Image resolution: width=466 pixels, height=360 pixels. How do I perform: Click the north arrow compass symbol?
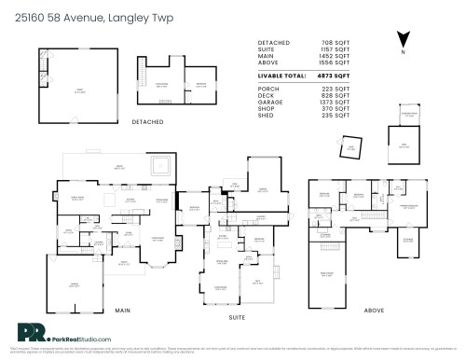pos(402,39)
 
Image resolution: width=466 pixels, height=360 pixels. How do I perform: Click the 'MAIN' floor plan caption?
pos(121,309)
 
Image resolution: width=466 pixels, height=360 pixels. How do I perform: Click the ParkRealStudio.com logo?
pos(65,337)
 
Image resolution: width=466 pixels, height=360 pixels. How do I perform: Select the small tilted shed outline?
pos(351,146)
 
